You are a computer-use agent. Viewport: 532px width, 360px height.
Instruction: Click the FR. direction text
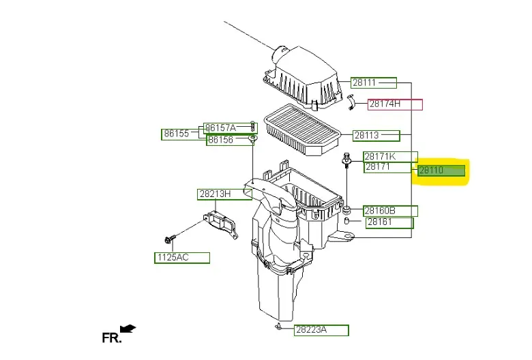point(111,337)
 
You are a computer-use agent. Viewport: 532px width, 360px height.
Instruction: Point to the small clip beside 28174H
point(351,102)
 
